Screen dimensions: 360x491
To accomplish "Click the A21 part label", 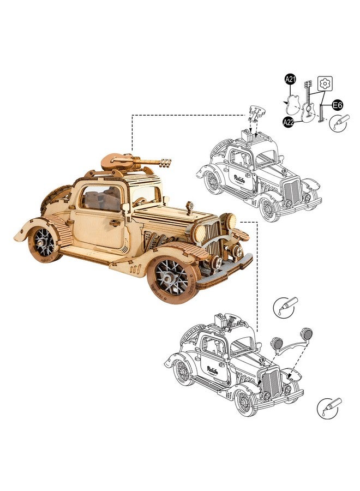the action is click(x=291, y=80).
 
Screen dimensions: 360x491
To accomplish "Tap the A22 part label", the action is click(x=289, y=122).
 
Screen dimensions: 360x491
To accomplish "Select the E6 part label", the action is click(x=337, y=105).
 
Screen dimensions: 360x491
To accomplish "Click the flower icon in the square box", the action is click(x=325, y=83).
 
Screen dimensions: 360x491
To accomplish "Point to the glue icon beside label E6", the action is click(x=339, y=123).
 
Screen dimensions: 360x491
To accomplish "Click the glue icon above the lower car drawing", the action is click(x=285, y=306).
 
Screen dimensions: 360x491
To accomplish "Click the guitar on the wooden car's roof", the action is click(x=136, y=161).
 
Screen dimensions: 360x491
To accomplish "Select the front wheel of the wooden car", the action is click(x=172, y=279).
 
